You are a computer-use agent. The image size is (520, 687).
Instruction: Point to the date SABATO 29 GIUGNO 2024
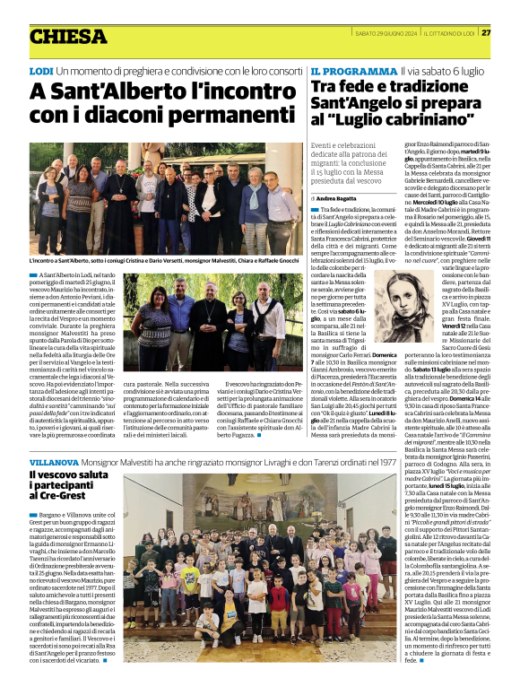386,32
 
